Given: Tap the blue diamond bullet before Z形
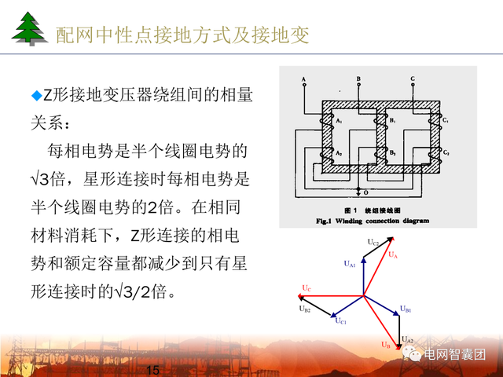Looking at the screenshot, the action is tap(35, 96).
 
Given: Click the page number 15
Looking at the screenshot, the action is tap(153, 370).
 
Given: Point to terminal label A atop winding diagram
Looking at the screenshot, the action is tap(303, 79).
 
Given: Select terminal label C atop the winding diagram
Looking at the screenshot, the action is tap(413, 79).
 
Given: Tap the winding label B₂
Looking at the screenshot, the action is tap(392, 151).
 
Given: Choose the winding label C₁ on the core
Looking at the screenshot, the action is tap(446, 120).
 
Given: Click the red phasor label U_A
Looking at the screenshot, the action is tap(394, 255).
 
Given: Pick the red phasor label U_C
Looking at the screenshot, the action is tap(306, 288).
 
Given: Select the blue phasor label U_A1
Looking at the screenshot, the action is tap(349, 265).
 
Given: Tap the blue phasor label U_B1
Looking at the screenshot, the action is tap(405, 311).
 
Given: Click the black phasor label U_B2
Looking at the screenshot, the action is tap(304, 310).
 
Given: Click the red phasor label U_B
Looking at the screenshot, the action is tap(385, 344).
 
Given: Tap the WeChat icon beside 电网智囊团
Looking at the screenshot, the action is tap(413, 355).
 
